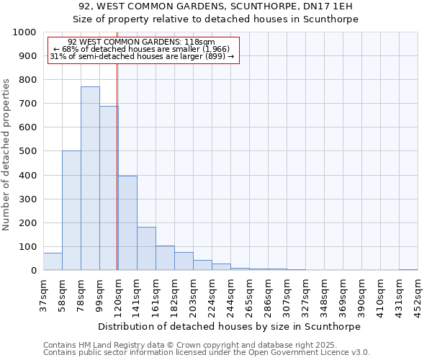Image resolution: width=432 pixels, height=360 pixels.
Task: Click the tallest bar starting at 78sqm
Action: point(90,179)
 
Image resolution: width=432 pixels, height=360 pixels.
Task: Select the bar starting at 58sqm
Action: point(71,210)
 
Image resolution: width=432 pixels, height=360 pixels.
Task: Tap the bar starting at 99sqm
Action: point(109,188)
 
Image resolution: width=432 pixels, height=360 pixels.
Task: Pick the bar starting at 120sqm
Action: point(127,223)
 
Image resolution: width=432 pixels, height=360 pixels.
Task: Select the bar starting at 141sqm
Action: point(146,248)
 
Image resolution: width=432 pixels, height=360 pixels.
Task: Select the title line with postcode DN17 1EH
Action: point(216,6)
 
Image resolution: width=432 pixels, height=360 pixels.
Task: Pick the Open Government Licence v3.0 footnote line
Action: point(207,353)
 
